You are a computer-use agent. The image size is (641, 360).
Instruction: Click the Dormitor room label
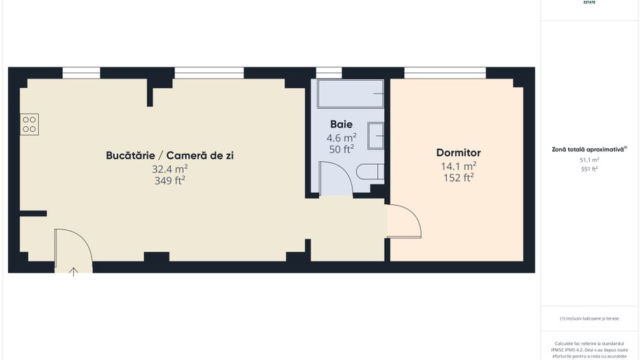tap(459, 153)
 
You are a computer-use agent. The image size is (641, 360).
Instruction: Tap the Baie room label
tap(341, 124)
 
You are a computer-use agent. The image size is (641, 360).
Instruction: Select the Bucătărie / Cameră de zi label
tap(170, 156)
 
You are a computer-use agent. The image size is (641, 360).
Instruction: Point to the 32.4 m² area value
tap(170, 169)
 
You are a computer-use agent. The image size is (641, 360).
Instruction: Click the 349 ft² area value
tap(170, 181)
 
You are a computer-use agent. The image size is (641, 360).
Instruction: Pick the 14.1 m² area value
tap(459, 166)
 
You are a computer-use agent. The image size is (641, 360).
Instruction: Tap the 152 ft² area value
tap(459, 178)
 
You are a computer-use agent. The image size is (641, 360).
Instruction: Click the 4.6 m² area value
tap(341, 137)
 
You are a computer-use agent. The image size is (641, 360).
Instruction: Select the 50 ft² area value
tap(341, 149)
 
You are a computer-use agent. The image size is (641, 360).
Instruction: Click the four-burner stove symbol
tap(29, 124)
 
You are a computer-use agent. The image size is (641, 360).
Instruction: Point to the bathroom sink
tap(376, 135)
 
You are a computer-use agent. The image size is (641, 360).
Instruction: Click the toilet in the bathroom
tap(372, 171)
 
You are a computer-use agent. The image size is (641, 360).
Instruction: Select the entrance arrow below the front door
tap(74, 272)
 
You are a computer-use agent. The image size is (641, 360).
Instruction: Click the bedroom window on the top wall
tap(445, 72)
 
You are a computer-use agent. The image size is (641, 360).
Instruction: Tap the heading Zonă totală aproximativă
tap(588, 149)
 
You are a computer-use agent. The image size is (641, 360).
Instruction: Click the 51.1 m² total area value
tap(588, 160)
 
